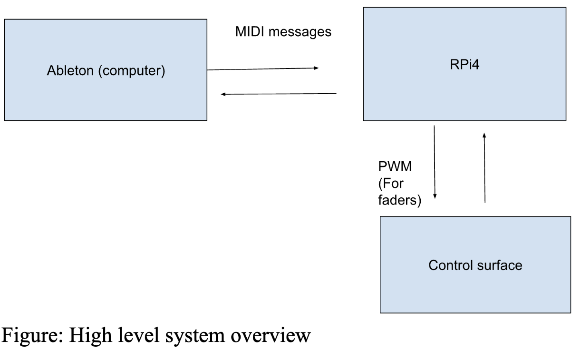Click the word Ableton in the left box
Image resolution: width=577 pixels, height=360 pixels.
coord(70,71)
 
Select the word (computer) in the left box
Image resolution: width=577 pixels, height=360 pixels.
coord(132,71)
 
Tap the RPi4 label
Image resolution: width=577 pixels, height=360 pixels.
coord(464,65)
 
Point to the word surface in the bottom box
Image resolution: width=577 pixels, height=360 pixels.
coord(499,265)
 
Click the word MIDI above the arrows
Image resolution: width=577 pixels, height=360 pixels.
coord(250,32)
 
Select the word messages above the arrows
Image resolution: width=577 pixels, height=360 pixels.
coord(300,32)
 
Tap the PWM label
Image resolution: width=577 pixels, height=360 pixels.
coord(395,166)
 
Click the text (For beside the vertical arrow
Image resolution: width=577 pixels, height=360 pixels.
coord(391,183)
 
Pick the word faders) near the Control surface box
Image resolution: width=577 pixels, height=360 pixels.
coord(399,200)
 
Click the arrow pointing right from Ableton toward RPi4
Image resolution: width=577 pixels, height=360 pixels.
coord(263,69)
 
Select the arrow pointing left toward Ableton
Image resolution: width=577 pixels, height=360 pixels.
coord(279,94)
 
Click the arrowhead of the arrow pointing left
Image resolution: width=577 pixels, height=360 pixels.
coord(223,94)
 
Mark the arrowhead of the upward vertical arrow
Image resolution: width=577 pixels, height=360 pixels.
coord(484,135)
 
